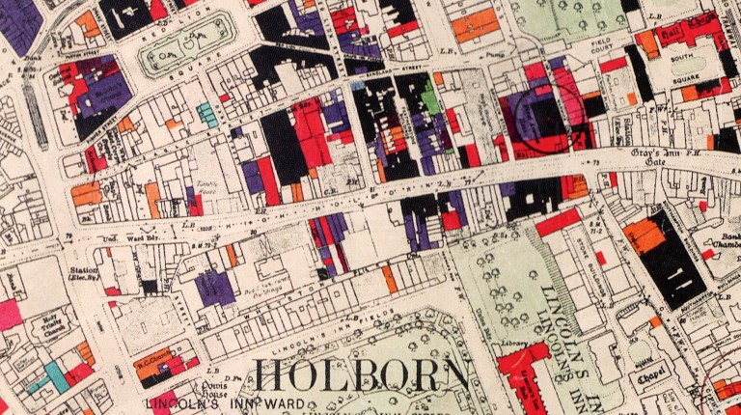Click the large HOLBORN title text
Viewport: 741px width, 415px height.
[x=361, y=375]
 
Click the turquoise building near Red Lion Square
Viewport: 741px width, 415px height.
[x=207, y=115]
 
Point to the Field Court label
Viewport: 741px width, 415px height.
[x=579, y=44]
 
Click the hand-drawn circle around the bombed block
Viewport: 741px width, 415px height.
[x=536, y=124]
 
